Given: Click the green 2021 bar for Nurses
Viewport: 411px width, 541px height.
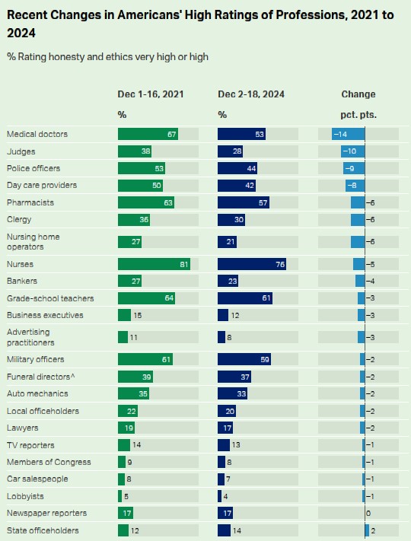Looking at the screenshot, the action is [x=154, y=264].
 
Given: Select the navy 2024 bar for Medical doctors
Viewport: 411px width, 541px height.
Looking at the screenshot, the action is [x=241, y=134].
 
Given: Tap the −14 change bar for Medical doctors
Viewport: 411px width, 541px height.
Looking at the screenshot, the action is [x=348, y=134].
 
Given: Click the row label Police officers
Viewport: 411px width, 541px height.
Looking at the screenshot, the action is [x=33, y=168].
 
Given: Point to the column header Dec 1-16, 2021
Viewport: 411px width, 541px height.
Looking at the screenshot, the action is [x=151, y=94].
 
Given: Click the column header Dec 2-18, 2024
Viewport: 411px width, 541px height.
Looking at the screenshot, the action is [x=251, y=94].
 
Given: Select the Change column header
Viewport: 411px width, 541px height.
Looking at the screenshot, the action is [x=358, y=94].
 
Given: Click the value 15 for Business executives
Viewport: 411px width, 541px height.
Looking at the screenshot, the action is [x=137, y=315].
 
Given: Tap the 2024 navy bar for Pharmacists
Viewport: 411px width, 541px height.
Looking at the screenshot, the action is [x=244, y=202].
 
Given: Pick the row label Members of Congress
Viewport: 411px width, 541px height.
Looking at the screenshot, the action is [x=49, y=462].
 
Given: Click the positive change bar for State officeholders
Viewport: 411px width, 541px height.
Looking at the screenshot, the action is [x=367, y=530].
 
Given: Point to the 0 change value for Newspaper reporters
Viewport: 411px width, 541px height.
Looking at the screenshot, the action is [x=368, y=514].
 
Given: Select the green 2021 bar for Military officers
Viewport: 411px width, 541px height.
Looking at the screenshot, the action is [x=145, y=359].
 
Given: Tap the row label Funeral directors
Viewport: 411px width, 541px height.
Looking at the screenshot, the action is [x=41, y=377].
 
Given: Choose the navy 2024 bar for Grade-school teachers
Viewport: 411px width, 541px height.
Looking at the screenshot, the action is [x=245, y=298].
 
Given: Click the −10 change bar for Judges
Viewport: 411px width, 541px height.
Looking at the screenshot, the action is [x=352, y=151].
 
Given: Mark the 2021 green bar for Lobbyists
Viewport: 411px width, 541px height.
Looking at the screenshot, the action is [x=119, y=496].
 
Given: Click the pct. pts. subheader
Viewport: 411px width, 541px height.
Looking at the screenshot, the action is [x=358, y=115].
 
